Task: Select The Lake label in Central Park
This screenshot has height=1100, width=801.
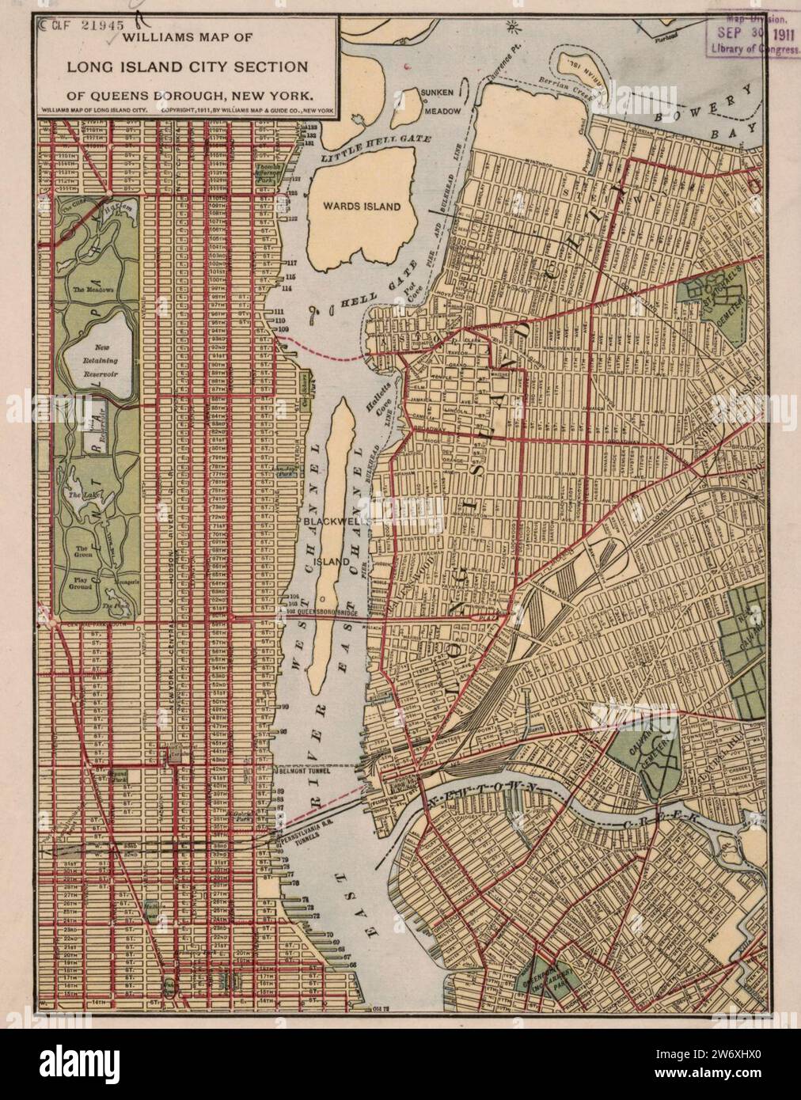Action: tap(81, 495)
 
